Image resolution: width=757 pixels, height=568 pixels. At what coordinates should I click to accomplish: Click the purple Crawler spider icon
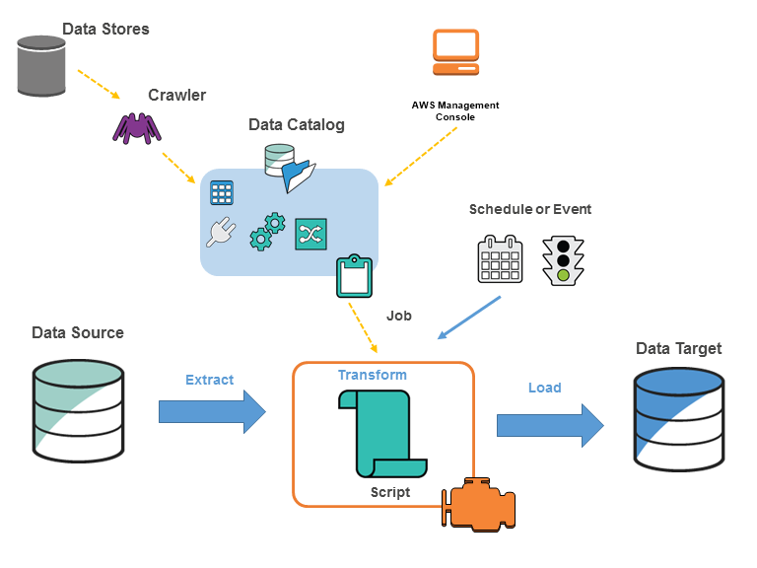click(x=135, y=127)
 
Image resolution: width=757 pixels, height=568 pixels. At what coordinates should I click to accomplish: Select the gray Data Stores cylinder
click(x=42, y=66)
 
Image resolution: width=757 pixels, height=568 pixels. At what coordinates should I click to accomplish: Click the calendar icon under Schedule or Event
click(x=500, y=259)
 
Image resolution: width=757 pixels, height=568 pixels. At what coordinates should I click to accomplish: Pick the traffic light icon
click(x=563, y=260)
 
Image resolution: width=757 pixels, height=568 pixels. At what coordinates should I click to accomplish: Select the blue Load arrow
click(x=549, y=424)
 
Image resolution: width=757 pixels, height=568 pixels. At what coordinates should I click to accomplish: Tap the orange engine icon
click(x=478, y=506)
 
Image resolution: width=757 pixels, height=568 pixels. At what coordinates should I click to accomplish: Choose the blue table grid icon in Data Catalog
click(x=222, y=192)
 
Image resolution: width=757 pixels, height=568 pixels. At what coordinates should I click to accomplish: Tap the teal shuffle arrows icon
click(x=310, y=234)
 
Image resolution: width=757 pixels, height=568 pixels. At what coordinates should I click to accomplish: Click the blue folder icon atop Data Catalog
click(x=299, y=176)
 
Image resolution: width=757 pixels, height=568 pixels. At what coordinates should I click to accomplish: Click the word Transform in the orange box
click(x=372, y=375)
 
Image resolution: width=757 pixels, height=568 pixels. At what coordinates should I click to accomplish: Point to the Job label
click(x=398, y=316)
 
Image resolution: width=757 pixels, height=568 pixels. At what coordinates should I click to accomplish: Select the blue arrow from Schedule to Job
click(x=470, y=318)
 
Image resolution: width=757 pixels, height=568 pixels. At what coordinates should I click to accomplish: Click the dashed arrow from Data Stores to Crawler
click(x=98, y=84)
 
